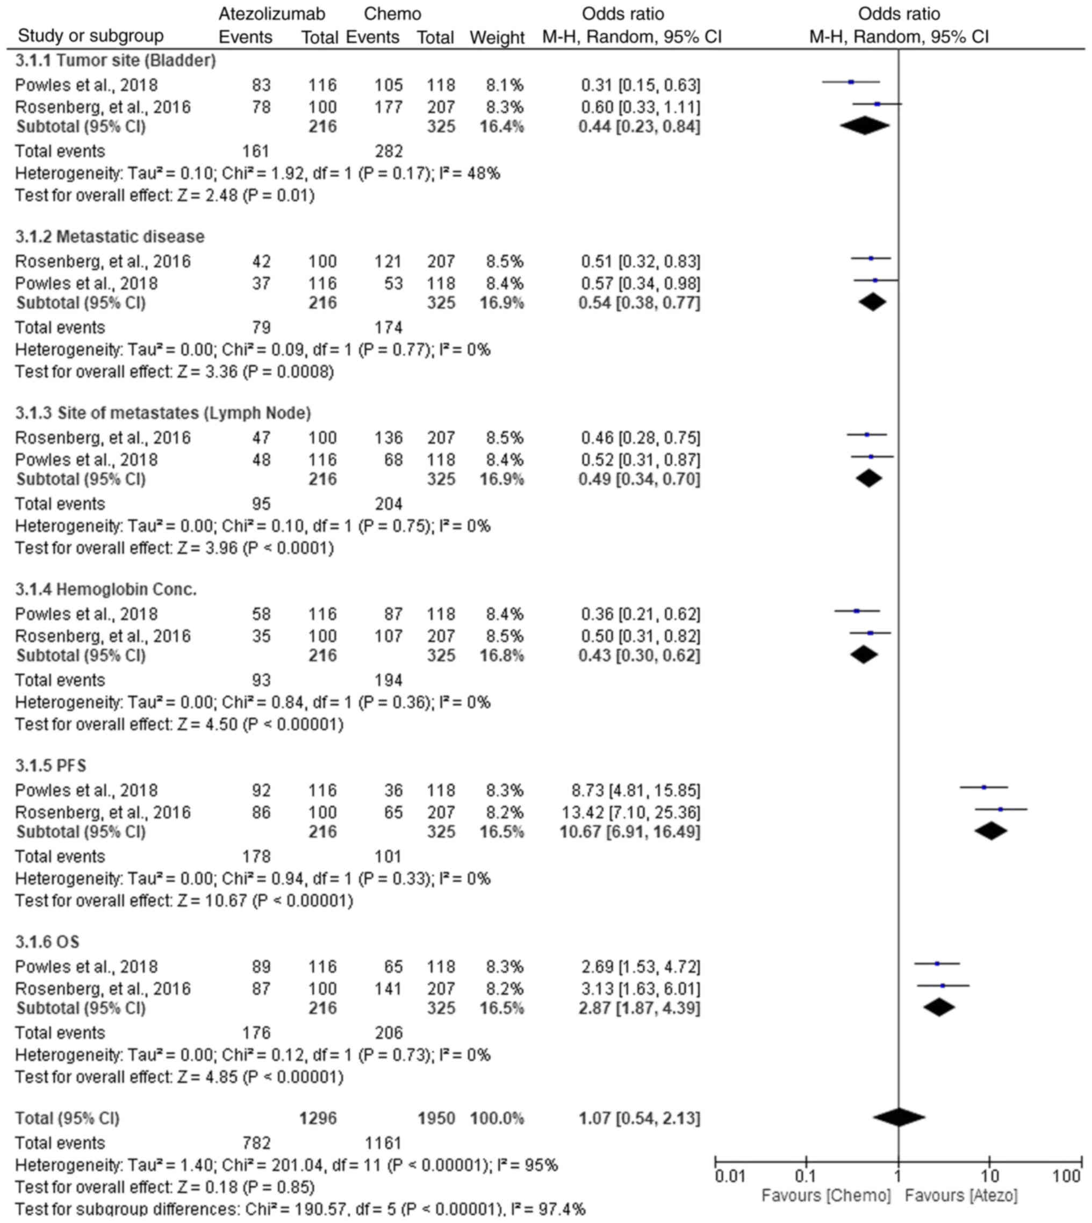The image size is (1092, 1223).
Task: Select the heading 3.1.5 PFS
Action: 51,766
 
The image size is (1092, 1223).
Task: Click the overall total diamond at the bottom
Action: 899,1118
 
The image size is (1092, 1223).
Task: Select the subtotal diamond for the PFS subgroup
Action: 990,831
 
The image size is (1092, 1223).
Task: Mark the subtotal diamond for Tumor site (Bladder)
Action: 865,126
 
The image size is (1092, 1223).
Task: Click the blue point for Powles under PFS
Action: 984,787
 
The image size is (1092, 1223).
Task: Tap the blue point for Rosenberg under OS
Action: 943,985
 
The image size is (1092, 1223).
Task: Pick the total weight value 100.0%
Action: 497,1118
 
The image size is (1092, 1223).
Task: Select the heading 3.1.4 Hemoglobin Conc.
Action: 106,589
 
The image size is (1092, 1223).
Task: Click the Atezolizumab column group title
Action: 272,14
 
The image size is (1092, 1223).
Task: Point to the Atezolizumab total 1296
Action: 318,1118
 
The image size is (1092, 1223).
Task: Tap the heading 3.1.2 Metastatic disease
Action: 110,237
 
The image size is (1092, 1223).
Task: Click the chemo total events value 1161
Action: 383,1143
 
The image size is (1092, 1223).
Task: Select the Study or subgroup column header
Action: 91,36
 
